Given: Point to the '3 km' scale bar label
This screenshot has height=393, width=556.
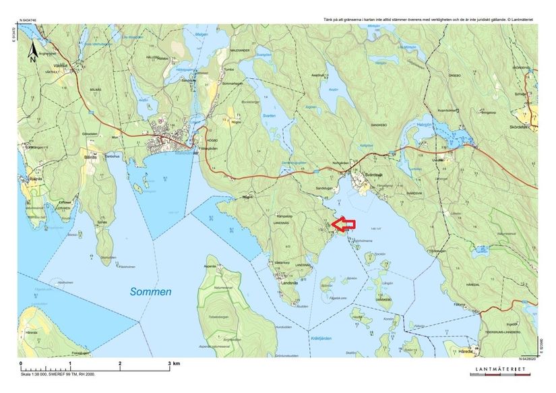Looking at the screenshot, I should tap(173, 364).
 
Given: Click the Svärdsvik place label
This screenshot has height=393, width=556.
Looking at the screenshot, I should tap(369, 174).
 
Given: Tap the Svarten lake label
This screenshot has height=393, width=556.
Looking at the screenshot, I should tap(268, 117).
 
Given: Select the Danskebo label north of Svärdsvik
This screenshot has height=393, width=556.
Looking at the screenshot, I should tap(378, 125).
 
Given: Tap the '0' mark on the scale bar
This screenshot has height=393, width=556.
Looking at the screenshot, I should tap(22, 364).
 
